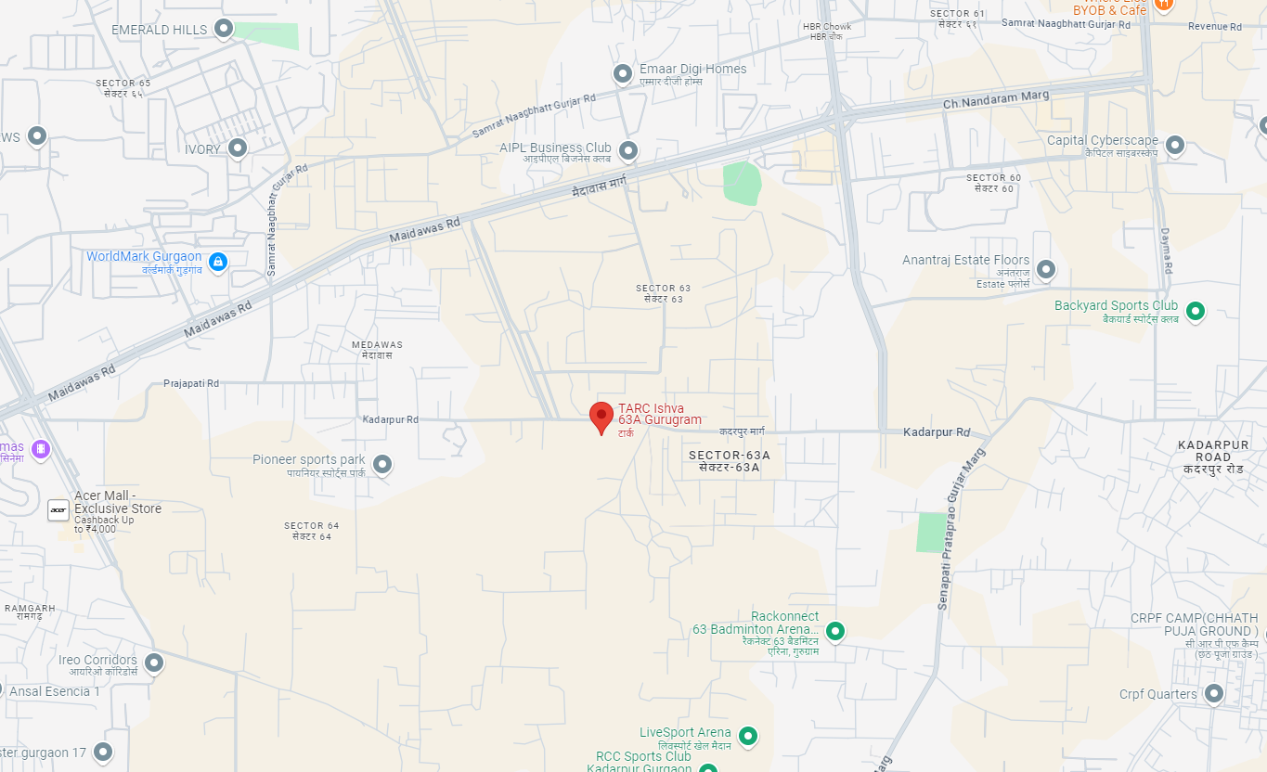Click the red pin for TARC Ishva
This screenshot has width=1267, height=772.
[x=601, y=417]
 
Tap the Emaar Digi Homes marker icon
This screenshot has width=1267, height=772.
[x=623, y=73]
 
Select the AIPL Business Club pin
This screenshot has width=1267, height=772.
[x=628, y=149]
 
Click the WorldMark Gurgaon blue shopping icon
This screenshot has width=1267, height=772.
[x=217, y=262]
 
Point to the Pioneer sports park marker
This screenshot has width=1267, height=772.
[x=381, y=464]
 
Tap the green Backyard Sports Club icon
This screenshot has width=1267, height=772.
[x=1196, y=311]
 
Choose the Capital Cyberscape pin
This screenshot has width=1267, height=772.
[x=1175, y=145]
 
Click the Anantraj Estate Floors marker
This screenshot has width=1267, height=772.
[x=1046, y=269]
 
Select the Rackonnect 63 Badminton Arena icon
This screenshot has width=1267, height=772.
[x=835, y=631]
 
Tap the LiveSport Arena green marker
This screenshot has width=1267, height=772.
[x=747, y=737]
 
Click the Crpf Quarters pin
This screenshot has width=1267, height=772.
[x=1213, y=693]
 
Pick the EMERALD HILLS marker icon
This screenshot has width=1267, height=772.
[x=224, y=29]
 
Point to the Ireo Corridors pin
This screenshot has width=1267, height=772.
[x=154, y=663]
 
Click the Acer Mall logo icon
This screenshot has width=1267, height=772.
[x=58, y=509]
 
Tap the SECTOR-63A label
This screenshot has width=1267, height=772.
[x=730, y=456]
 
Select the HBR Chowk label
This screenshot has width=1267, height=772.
[x=826, y=26]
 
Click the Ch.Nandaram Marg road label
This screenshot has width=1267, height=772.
[x=996, y=99]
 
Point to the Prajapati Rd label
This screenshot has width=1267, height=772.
[x=191, y=383]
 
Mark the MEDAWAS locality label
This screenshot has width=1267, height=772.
[x=378, y=345]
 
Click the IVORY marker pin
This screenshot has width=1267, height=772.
[x=238, y=148]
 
